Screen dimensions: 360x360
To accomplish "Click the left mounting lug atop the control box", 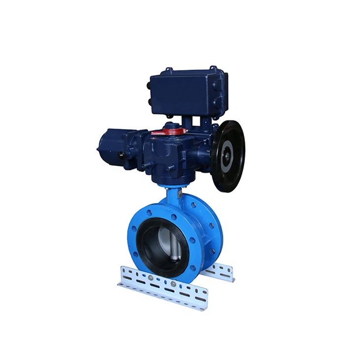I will point(169,69).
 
